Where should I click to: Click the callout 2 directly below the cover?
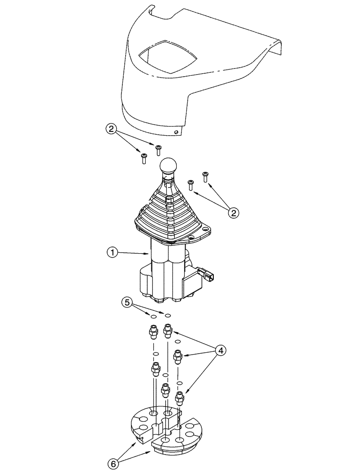coord(110,129)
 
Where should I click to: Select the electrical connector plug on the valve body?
coord(208,275)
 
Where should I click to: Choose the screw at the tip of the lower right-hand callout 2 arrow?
coord(190,184)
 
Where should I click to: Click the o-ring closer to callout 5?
coord(154,316)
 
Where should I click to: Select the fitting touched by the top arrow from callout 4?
coord(168,330)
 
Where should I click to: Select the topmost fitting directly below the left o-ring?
coord(154,330)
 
